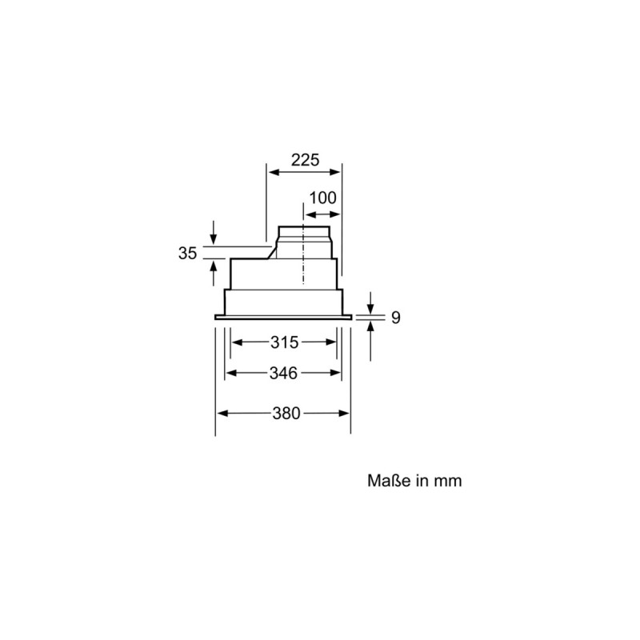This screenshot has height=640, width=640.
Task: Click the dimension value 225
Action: (304, 160)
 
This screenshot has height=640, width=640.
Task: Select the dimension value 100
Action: (323, 198)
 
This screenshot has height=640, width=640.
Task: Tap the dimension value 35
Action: (187, 254)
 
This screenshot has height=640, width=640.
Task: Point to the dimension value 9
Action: (396, 318)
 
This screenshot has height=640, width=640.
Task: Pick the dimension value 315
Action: (284, 342)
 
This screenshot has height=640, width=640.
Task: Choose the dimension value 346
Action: (284, 373)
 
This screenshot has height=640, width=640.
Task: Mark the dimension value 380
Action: (286, 414)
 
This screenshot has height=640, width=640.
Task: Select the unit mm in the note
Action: (449, 482)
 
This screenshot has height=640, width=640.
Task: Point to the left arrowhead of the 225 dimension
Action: (271, 173)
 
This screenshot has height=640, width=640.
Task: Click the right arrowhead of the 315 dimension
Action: (332, 342)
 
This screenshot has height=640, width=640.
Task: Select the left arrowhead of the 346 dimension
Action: (229, 373)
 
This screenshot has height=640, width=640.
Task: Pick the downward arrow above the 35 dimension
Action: (214, 240)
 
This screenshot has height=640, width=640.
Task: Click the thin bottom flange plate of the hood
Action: (284, 318)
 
